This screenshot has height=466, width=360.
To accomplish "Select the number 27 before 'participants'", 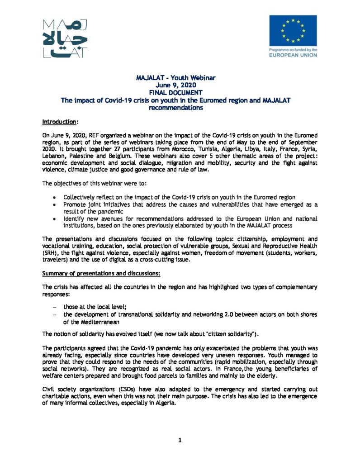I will click(179, 147).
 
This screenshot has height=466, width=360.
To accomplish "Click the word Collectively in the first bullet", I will click(79, 198).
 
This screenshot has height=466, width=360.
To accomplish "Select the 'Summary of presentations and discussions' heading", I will click(101, 273).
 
